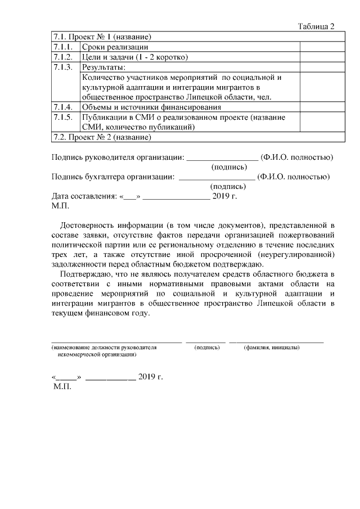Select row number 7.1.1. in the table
click(63, 47)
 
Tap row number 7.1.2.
click(63, 57)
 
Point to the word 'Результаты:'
click(103, 67)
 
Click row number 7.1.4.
click(63, 107)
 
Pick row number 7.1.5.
click(63, 117)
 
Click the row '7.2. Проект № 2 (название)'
click(102, 137)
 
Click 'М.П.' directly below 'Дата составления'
click(60, 206)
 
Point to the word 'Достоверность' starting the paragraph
click(92, 227)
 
